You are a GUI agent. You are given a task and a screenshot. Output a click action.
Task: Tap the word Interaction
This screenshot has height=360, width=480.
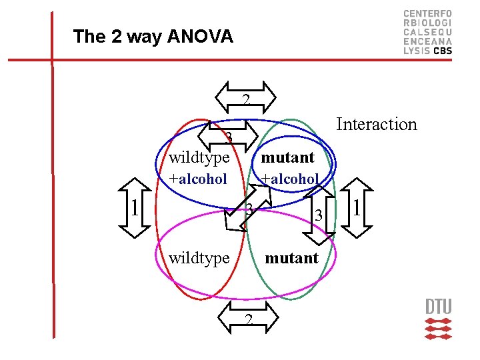click(377, 124)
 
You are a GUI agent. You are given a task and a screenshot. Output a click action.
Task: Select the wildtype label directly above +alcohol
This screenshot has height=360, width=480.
click(199, 157)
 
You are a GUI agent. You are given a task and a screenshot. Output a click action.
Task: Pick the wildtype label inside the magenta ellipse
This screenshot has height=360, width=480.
click(199, 257)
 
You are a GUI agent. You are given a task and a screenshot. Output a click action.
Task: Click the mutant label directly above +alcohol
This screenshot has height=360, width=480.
click(287, 157)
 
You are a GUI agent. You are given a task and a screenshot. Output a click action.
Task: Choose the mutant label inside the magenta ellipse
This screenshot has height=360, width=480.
click(291, 257)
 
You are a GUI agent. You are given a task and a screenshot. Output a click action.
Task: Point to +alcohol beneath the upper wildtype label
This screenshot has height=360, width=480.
click(198, 179)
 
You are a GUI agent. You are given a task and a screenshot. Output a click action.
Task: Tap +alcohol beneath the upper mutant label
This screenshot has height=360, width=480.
click(290, 179)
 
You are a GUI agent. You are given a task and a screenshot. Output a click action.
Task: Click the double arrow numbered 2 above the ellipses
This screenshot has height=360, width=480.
click(247, 99)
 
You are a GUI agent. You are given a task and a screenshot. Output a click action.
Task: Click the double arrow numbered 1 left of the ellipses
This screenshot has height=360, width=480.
click(135, 208)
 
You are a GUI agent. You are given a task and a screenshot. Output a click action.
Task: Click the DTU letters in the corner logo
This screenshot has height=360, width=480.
click(438, 307)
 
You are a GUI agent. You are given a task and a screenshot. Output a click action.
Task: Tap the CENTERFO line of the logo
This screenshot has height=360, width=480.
click(427, 13)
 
